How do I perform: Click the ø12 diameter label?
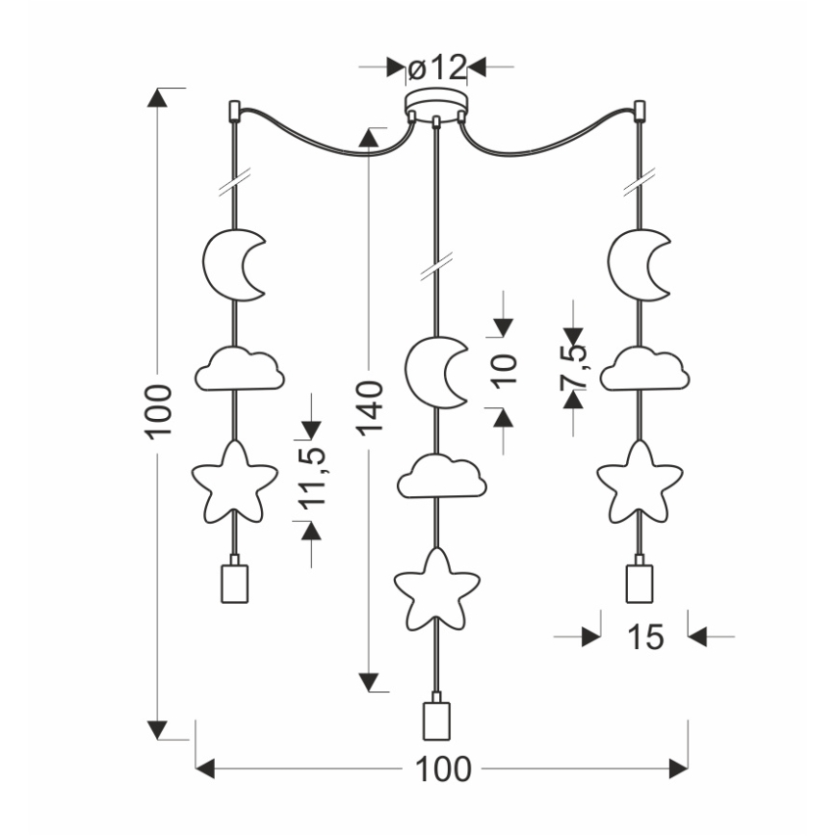point(436,67)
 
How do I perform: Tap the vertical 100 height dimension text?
point(160,409)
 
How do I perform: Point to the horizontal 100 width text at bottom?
point(443,769)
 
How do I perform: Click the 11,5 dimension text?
point(310,477)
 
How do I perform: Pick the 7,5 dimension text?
point(572,366)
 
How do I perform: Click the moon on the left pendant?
point(231,264)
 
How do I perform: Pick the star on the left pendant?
point(231,479)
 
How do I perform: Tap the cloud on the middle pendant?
point(441,476)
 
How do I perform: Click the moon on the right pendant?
point(637,264)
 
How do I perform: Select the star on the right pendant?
point(636,479)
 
